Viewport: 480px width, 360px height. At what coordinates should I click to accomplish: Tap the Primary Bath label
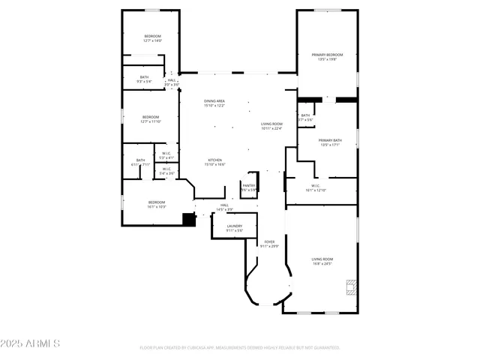tap(330, 142)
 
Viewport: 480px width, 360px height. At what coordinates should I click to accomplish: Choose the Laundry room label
tap(234, 228)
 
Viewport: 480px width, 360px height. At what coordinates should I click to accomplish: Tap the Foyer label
tap(269, 244)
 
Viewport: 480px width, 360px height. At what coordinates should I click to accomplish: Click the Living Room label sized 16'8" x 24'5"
tap(322, 262)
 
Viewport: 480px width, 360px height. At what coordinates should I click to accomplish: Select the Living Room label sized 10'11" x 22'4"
tap(271, 126)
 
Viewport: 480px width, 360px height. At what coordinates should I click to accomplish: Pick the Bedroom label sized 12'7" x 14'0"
tap(152, 38)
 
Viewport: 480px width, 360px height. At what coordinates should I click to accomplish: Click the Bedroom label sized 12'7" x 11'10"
tap(151, 118)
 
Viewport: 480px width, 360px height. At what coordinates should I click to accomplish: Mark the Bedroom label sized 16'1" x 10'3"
tap(156, 204)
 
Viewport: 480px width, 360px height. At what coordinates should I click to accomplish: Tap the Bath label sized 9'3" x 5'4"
tap(144, 79)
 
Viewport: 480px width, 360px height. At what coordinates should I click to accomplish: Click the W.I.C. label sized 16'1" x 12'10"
tap(316, 188)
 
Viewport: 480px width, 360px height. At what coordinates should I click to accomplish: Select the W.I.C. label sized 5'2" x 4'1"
tap(166, 156)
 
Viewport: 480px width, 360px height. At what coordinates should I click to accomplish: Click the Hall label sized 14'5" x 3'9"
tap(224, 207)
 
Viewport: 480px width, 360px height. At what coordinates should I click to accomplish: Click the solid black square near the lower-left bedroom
tap(189, 218)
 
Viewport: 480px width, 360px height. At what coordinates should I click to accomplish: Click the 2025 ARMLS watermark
tap(31, 343)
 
